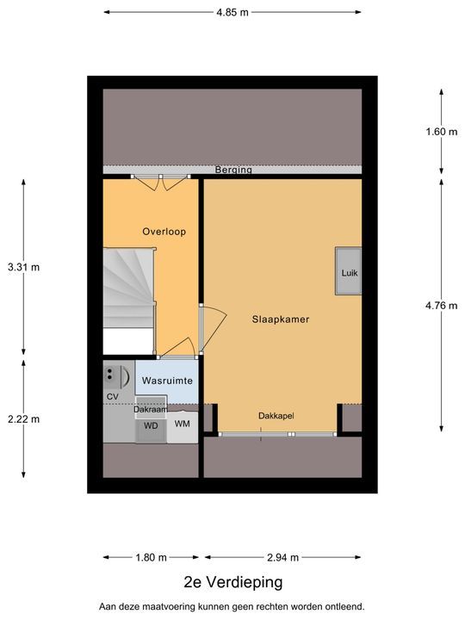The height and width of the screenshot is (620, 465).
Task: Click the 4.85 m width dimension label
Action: (x=232, y=12)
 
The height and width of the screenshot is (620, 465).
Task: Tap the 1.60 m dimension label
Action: (x=441, y=132)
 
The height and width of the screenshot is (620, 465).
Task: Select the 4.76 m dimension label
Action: (x=441, y=306)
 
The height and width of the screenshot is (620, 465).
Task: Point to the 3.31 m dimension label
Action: (x=24, y=267)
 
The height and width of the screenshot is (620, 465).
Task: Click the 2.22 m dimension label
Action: (x=24, y=419)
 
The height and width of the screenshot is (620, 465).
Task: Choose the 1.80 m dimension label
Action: (x=151, y=557)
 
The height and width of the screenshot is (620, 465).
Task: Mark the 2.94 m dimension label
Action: (x=282, y=557)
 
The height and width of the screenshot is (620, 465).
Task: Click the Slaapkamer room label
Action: (x=281, y=319)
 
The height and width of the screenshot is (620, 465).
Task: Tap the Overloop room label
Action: (x=164, y=232)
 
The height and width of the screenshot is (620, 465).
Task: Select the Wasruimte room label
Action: (x=167, y=381)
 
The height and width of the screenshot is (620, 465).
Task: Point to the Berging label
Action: (x=233, y=170)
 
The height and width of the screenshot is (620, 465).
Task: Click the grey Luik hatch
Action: (x=349, y=271)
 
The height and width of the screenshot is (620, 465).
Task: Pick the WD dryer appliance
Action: (x=151, y=426)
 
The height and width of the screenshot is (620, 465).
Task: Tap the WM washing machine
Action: (x=183, y=426)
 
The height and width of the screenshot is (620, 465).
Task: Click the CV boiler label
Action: (x=113, y=397)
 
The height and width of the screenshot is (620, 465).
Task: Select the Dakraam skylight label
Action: (x=150, y=410)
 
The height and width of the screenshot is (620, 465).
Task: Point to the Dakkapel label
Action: (x=276, y=416)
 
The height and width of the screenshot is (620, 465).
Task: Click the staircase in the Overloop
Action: (x=129, y=288)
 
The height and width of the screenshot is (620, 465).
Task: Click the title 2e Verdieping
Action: (x=233, y=582)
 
